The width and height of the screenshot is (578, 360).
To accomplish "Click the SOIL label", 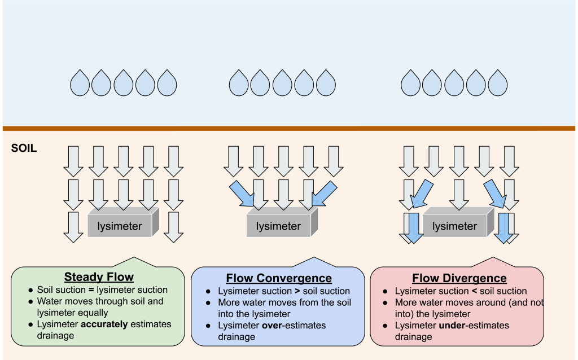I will [x=24, y=150].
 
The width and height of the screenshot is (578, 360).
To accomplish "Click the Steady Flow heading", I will [x=99, y=276].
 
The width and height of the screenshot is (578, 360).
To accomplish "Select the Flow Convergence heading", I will [x=279, y=278].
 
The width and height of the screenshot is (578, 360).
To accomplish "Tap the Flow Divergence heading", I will [x=459, y=278].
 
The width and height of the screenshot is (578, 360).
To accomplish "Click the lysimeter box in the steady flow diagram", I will [x=120, y=226].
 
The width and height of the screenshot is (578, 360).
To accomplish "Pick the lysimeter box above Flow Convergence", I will [x=279, y=226].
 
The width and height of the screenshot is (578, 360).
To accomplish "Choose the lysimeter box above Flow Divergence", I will [x=455, y=226].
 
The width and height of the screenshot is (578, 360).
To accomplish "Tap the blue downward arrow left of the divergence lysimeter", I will [x=414, y=227].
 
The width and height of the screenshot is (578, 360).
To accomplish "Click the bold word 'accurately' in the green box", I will [x=103, y=324].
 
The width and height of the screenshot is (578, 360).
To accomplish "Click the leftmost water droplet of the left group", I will [x=80, y=84].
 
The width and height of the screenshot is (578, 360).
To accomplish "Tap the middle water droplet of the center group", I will [x=282, y=84].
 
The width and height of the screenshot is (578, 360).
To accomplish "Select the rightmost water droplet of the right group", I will [x=498, y=84].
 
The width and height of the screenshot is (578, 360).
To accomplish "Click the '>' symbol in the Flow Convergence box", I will [x=297, y=291].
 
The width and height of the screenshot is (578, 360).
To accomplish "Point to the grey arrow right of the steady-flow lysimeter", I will [x=174, y=226].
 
